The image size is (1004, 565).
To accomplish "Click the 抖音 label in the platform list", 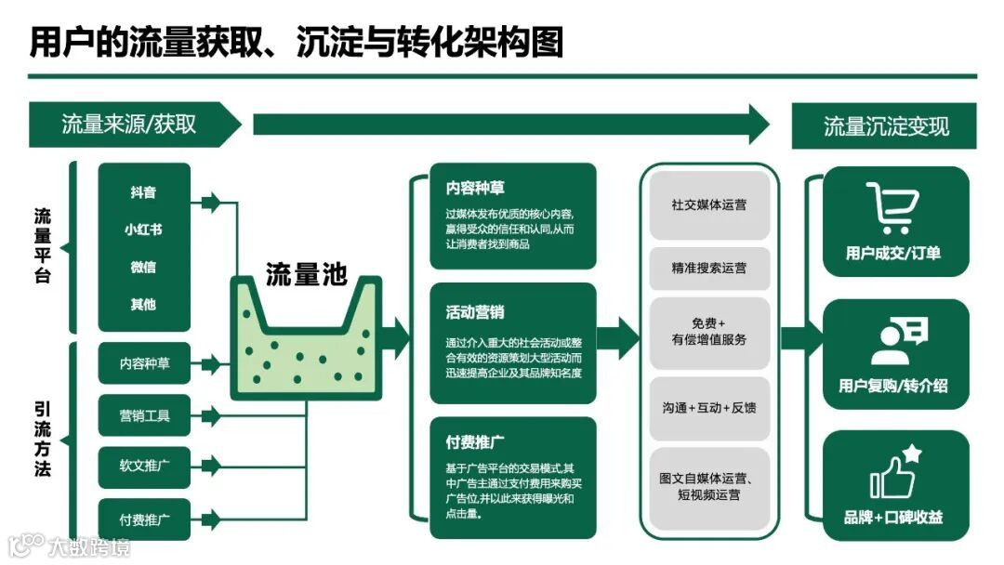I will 143,192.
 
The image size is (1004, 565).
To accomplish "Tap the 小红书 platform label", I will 143,230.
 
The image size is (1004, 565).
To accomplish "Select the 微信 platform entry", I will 143,267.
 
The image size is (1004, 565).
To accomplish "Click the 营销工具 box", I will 144,415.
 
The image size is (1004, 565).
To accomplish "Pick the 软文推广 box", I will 144,464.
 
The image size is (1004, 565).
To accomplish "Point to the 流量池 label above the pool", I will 306,274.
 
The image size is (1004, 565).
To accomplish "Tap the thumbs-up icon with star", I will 894,473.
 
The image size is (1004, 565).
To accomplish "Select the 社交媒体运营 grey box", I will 709,204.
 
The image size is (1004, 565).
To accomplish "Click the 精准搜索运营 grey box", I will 709,268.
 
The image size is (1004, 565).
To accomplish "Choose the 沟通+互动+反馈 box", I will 709,407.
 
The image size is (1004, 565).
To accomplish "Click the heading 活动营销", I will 475,312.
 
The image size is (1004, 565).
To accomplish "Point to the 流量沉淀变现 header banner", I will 886,125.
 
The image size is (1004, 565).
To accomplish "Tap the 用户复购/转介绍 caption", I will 893,385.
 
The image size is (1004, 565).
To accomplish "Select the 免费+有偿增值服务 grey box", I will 709,332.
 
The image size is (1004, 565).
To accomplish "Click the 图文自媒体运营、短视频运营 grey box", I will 709,486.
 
